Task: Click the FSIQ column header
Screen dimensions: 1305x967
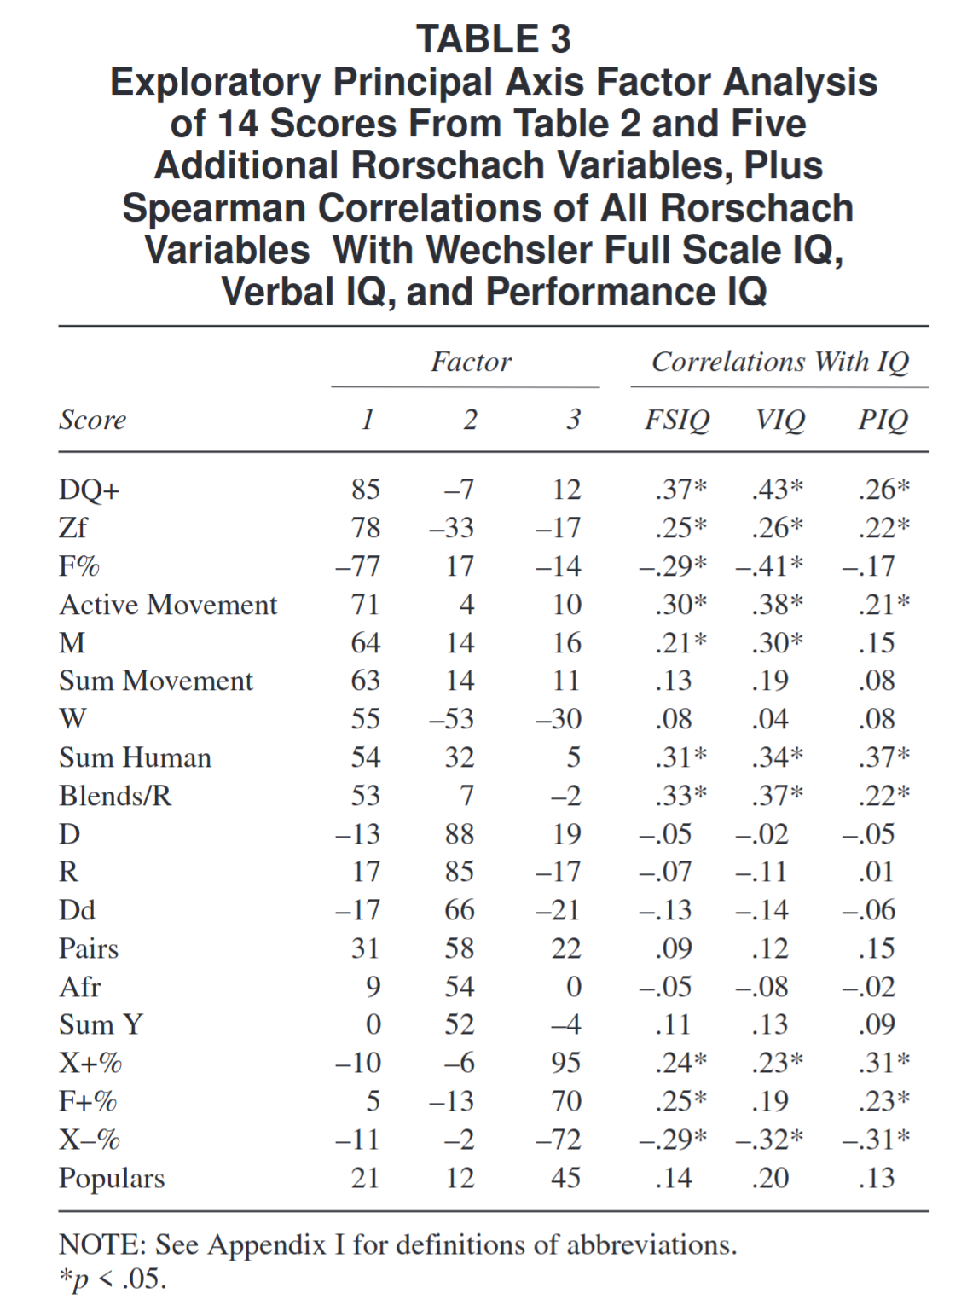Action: coord(677,420)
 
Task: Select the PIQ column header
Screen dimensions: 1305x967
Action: coord(883,420)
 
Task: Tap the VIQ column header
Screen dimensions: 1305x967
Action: coord(779,420)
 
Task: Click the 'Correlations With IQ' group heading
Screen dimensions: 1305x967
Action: coord(780,362)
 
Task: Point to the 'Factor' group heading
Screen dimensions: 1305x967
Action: coord(471,362)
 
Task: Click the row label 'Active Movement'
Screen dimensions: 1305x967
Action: coord(168,605)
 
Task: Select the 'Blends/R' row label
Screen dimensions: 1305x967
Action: coord(115,796)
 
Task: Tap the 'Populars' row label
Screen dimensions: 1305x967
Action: coord(112,1178)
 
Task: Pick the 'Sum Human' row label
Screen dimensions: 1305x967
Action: coord(135,757)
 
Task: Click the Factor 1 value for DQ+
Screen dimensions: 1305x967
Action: coord(366,490)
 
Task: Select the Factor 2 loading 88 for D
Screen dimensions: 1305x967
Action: coord(460,834)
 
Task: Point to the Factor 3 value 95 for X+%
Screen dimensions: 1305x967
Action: coord(566,1063)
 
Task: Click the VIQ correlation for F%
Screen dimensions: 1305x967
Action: coord(769,566)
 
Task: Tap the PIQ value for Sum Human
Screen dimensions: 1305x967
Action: coord(883,757)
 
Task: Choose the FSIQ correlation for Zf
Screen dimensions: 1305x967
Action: coord(680,528)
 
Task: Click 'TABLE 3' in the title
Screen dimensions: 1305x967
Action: coord(494,39)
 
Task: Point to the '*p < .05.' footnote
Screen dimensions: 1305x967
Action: coord(113,1279)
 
